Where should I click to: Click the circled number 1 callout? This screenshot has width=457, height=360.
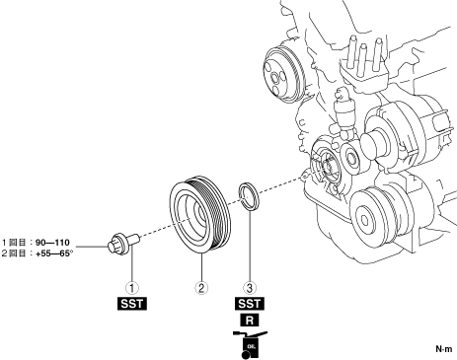click(132, 288)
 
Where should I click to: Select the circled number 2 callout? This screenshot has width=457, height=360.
click(201, 288)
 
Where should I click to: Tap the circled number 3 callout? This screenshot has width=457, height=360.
click(250, 288)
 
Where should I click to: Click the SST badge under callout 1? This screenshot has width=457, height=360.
click(132, 304)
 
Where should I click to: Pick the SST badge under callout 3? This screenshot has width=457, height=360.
click(250, 304)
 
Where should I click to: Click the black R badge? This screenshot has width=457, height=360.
click(250, 320)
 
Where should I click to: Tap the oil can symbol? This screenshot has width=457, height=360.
click(250, 344)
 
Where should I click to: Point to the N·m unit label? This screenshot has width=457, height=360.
click(444, 349)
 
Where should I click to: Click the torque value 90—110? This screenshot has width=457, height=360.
click(52, 243)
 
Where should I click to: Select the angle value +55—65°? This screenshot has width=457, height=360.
click(54, 253)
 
